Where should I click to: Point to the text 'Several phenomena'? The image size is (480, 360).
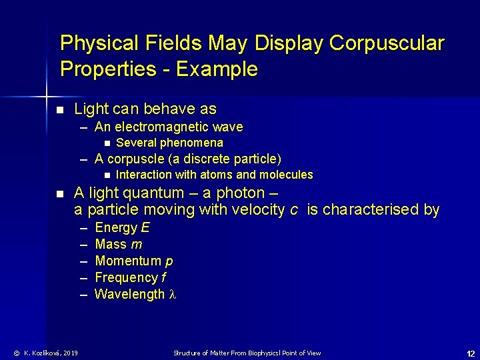(169, 143)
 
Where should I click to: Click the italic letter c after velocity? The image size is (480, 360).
(294, 210)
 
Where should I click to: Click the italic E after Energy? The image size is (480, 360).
(145, 227)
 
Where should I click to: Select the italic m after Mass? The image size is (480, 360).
(137, 244)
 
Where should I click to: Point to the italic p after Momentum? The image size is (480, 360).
(169, 261)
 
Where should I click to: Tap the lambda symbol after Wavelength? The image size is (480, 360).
(173, 294)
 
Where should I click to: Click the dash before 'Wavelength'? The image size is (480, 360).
(85, 294)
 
